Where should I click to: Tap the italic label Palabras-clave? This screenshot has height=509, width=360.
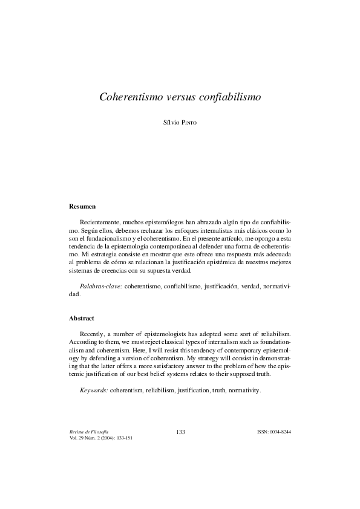pyautogui.click(x=100, y=285)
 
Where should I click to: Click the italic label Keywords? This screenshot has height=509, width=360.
pyautogui.click(x=94, y=391)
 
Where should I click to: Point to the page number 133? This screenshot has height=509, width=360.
pyautogui.click(x=180, y=432)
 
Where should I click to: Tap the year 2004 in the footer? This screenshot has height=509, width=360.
pyautogui.click(x=113, y=438)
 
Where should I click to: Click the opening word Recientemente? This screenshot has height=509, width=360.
pyautogui.click(x=101, y=223)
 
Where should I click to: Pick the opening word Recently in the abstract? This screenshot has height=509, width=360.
pyautogui.click(x=93, y=334)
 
